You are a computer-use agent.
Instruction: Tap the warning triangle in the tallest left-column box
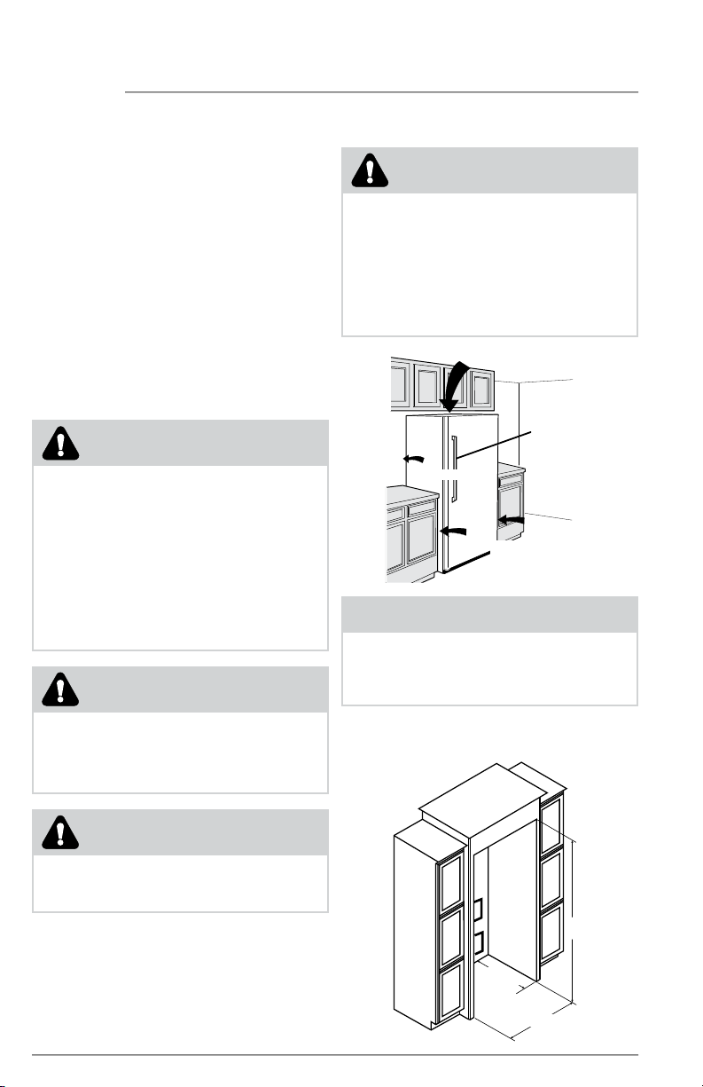pos(59,443)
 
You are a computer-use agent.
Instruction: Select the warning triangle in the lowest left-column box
pos(59,831)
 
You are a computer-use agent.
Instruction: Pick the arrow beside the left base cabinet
pos(452,531)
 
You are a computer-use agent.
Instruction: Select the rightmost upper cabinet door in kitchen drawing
pos(481,387)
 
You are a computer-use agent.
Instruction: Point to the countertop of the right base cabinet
pos(512,468)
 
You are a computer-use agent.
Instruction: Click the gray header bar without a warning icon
pos(489,613)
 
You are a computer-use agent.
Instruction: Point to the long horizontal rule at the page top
pos(381,91)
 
